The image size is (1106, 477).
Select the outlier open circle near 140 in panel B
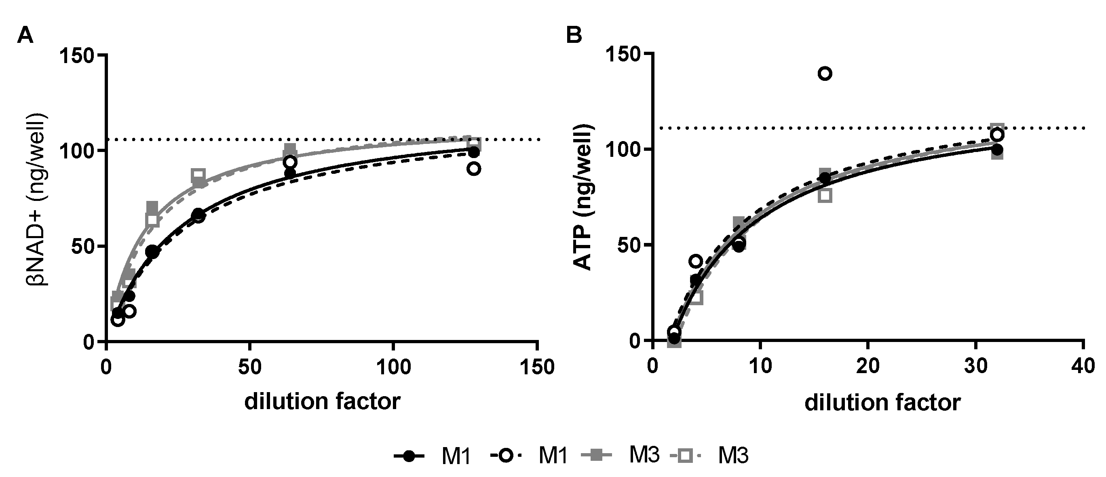825,74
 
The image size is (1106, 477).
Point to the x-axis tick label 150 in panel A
538,367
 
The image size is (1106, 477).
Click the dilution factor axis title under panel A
323,401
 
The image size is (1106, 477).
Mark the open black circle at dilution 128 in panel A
474,169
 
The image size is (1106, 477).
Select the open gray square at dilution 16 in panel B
825,196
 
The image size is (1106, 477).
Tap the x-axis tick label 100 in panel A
394,367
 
